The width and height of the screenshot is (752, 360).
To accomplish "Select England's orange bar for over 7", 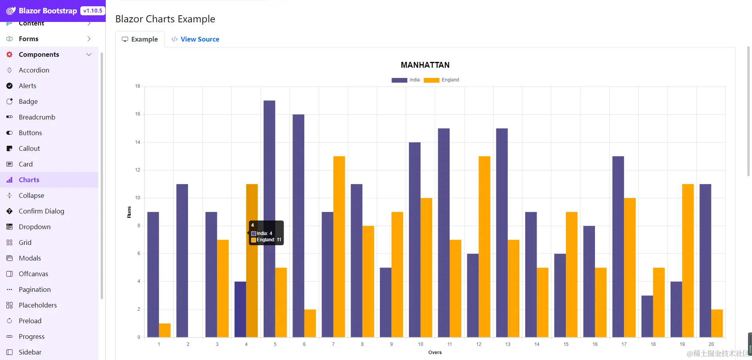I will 339,247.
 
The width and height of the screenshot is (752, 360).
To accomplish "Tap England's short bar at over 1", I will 164,330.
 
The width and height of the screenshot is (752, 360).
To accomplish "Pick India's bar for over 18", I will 647,316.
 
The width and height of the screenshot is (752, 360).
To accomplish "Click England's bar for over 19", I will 688,261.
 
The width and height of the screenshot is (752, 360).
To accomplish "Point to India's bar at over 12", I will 473,295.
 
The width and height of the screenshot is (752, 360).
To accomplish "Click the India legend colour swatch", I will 399,80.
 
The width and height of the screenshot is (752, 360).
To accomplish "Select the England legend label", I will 450,80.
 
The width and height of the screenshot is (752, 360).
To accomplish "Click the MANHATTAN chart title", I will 425,65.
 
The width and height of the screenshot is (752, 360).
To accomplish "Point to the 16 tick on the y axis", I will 137,114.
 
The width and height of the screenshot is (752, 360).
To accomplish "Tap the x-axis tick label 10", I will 420,344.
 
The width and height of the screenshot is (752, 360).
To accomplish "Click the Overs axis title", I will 435,353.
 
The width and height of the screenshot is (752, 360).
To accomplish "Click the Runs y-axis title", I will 129,212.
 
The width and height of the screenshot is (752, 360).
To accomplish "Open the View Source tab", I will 195,39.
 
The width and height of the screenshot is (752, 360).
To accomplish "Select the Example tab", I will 140,39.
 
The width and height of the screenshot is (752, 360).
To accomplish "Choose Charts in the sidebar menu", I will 29,180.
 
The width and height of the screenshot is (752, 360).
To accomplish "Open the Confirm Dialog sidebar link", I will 41,211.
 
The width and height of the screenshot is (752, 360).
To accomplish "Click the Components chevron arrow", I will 89,54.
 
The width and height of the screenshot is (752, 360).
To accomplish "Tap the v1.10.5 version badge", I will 92,11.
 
